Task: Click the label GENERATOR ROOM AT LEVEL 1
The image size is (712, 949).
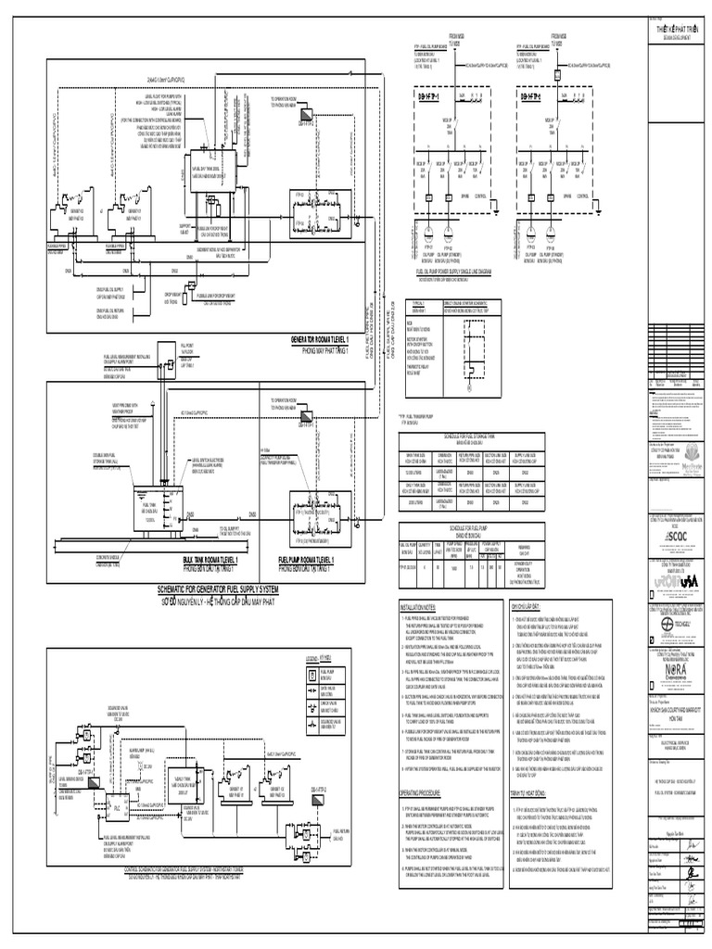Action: tap(331, 339)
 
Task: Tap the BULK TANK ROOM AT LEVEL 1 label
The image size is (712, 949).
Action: tap(211, 536)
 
